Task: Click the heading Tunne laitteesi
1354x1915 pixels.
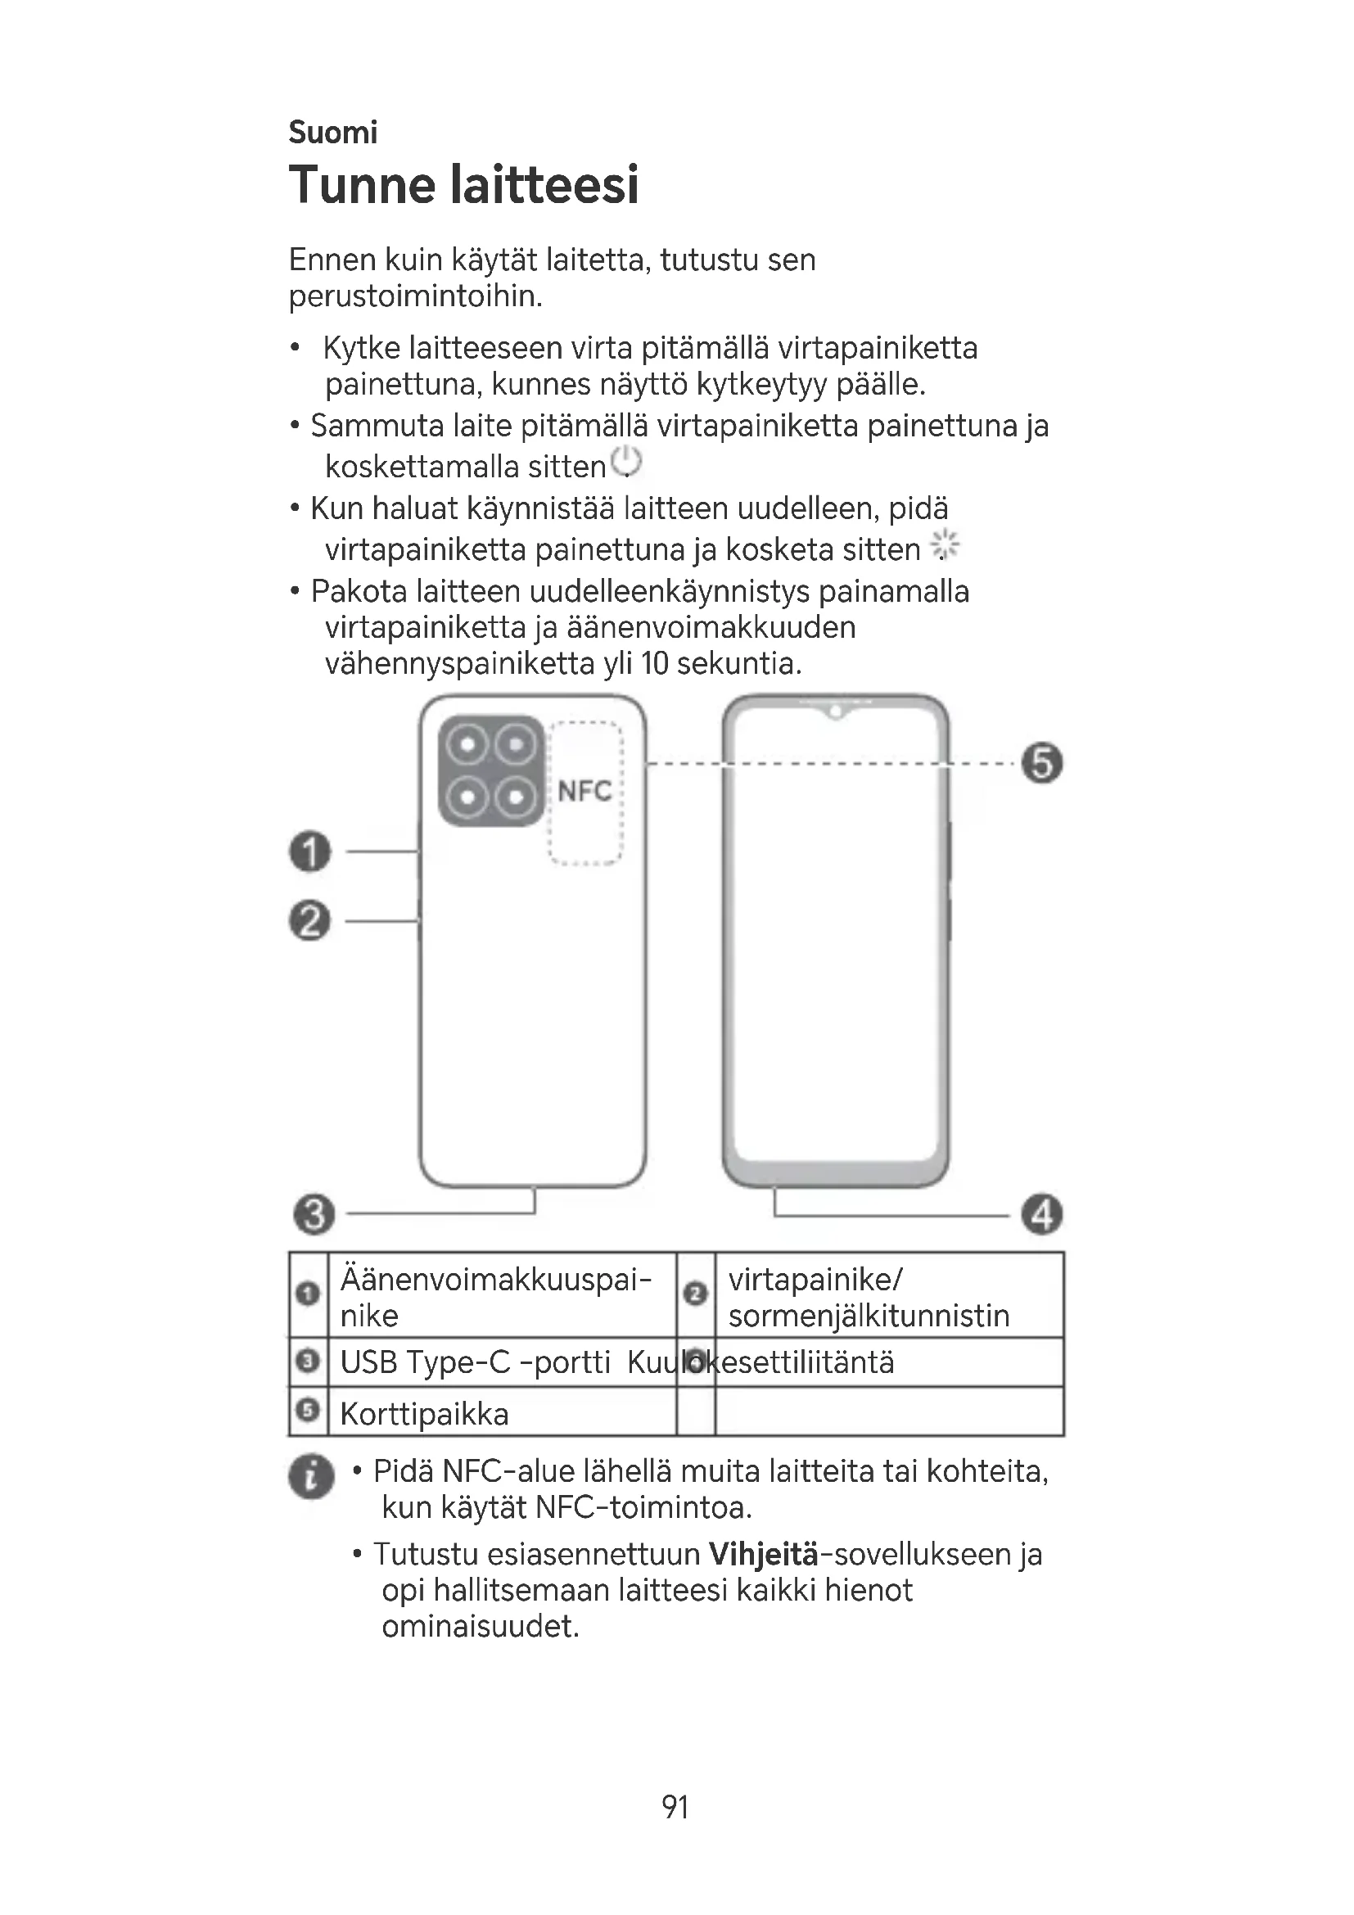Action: pyautogui.click(x=463, y=185)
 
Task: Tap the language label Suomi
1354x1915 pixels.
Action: pyautogui.click(x=332, y=133)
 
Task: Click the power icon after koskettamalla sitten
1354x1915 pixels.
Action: pyautogui.click(x=626, y=462)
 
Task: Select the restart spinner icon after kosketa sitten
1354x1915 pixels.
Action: pyautogui.click(x=946, y=546)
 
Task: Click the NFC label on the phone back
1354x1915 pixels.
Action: pyautogui.click(x=584, y=791)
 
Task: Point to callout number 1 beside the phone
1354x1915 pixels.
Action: pyautogui.click(x=310, y=851)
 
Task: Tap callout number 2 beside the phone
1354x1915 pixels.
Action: pyautogui.click(x=310, y=921)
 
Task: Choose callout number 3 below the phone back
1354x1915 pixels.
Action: pyautogui.click(x=314, y=1213)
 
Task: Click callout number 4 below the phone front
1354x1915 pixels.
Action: pyautogui.click(x=1042, y=1213)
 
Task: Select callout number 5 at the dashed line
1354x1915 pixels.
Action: pyautogui.click(x=1042, y=762)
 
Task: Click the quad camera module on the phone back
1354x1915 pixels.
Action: pyautogui.click(x=492, y=770)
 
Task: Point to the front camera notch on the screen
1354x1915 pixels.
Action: pyautogui.click(x=834, y=712)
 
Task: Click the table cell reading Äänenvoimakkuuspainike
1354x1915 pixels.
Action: pyautogui.click(x=495, y=1296)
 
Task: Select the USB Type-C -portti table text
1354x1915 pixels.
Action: pyautogui.click(x=476, y=1362)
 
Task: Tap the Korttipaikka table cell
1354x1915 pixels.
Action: pyautogui.click(x=424, y=1414)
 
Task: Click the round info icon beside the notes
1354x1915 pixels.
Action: pyautogui.click(x=312, y=1477)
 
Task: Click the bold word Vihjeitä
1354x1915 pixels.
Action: pyautogui.click(x=763, y=1554)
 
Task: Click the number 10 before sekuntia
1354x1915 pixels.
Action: pyautogui.click(x=655, y=664)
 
